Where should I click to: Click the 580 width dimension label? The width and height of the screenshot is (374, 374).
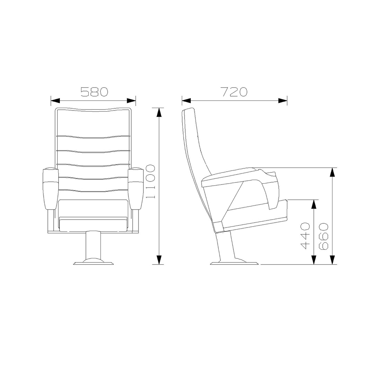pos(94,92)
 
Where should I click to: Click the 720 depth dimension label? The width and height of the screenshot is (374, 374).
pos(234,92)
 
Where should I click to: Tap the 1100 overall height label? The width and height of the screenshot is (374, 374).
pos(151,181)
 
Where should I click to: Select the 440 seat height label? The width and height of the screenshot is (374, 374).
pos(305,236)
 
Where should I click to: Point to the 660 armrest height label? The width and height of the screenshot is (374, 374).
pos(324,237)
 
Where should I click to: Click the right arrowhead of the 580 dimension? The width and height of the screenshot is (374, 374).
pos(131,101)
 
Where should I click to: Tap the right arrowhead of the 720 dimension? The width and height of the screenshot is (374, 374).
pos(283,101)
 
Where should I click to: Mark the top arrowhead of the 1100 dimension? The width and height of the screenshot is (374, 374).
pos(159,112)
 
